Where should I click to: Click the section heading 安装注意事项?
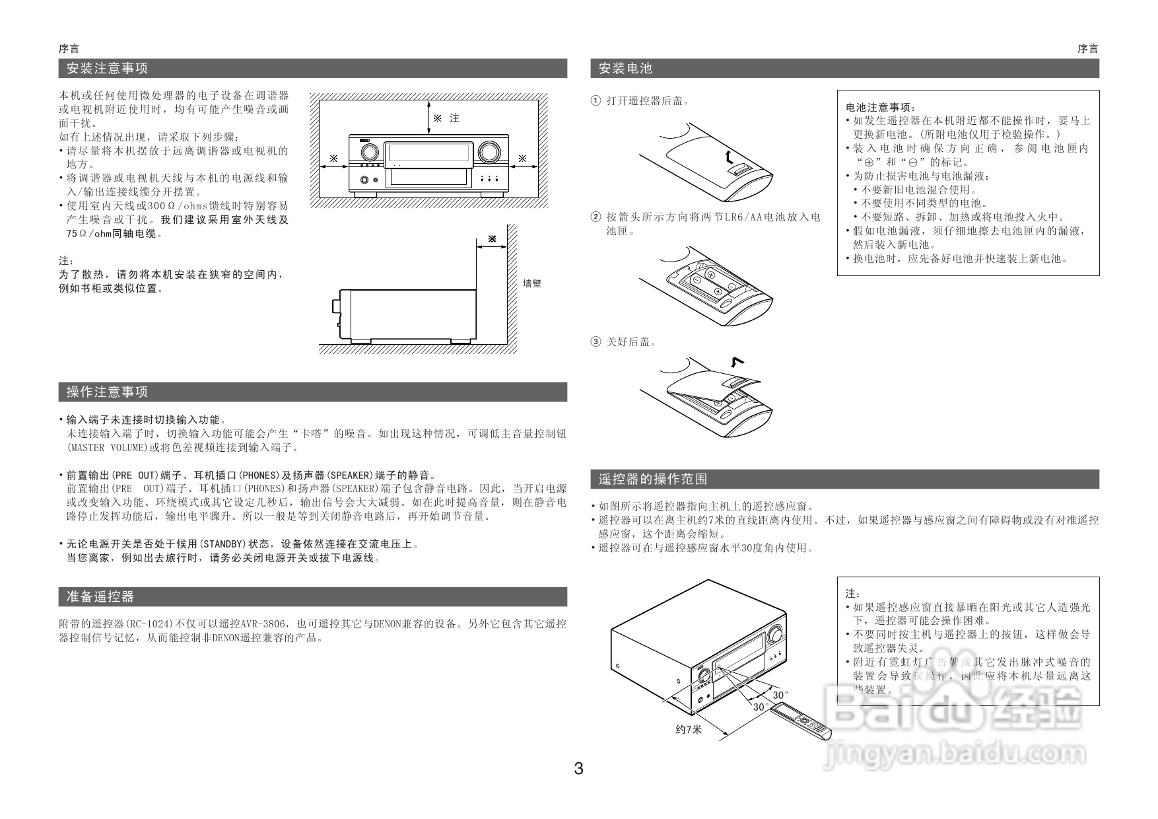coord(107,68)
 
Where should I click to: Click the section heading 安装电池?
coord(625,68)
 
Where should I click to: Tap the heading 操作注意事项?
coord(107,392)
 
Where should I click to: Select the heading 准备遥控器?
coord(100,596)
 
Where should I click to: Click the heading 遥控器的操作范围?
coord(652,479)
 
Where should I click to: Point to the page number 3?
coord(578,768)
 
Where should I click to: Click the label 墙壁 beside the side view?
coord(532,284)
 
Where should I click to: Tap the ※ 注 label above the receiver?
coord(446,118)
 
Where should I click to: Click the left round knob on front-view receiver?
coord(369,152)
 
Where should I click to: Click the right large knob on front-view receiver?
coord(489,152)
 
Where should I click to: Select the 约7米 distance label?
coord(689,729)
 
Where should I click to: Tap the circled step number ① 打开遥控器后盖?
coord(596,101)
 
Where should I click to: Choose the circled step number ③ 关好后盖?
coord(596,341)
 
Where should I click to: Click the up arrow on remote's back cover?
coord(727,156)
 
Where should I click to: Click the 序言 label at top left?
coord(69,49)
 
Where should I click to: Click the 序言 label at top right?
coord(1087,49)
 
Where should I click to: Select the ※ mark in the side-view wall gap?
coord(492,238)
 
